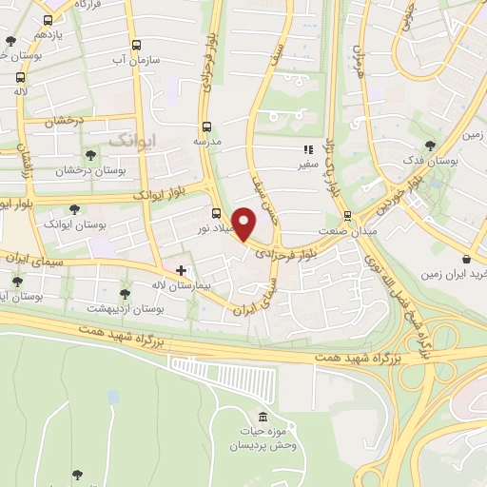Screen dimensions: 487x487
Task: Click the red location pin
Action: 244,224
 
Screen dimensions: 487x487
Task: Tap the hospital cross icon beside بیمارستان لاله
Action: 181,271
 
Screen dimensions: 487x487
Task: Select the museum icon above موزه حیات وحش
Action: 263,417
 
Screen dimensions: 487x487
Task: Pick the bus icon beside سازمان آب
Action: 136,44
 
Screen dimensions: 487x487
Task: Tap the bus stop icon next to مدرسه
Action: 206,127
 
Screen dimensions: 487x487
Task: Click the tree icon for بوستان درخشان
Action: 90,154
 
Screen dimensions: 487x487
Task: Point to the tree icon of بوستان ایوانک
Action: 74,209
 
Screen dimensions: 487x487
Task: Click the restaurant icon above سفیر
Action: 307,149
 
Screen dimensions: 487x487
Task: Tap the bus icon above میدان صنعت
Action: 347,215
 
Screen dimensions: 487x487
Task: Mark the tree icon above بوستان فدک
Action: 430,146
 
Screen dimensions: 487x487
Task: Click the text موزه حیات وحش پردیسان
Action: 263,438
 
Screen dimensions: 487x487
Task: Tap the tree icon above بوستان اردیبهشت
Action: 125,294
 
